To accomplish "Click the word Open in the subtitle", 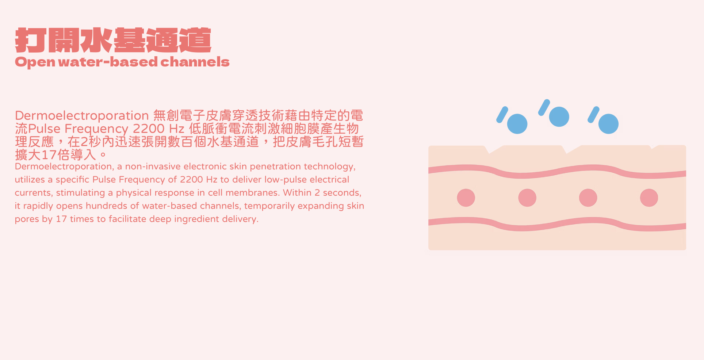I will (x=35, y=62).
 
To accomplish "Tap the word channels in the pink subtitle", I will (x=195, y=62).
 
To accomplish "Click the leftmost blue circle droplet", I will (x=517, y=124).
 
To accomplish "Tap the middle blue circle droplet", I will (x=559, y=117).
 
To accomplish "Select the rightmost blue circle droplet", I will (x=608, y=124).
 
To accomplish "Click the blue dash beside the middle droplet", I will (x=544, y=107).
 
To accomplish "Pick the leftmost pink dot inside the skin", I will (x=466, y=198).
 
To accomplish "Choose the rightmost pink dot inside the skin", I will (x=649, y=198).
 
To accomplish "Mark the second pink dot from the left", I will (x=527, y=198).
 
